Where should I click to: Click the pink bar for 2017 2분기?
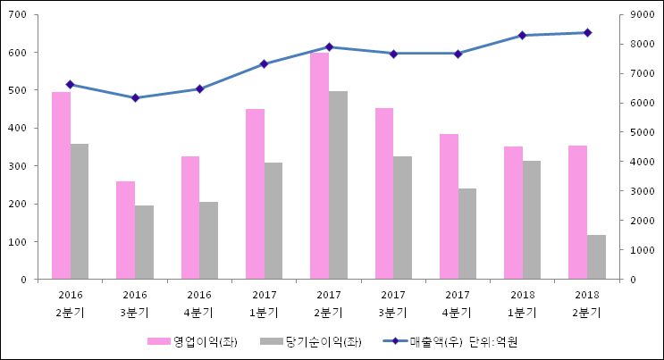coord(319,166)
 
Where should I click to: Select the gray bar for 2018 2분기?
coord(596,257)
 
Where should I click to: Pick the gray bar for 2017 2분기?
coord(338,185)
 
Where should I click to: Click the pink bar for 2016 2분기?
coord(61,186)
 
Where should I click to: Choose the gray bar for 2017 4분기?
coord(467,234)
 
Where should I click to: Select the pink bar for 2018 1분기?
coord(513,213)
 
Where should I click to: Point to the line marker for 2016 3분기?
coord(135,97)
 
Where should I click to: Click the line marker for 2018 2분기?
coord(587,32)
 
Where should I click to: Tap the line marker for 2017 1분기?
coord(264,63)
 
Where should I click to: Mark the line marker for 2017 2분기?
coord(329,46)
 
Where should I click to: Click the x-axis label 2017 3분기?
coord(393,304)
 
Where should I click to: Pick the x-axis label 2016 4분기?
coord(199,304)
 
